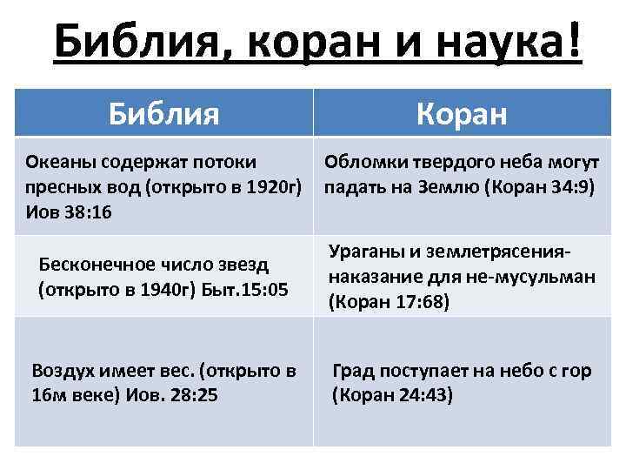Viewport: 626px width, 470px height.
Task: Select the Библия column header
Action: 163,112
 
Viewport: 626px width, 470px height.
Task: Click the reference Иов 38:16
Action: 69,211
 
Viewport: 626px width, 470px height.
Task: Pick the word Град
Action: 353,370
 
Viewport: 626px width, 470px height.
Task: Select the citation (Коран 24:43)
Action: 392,394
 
